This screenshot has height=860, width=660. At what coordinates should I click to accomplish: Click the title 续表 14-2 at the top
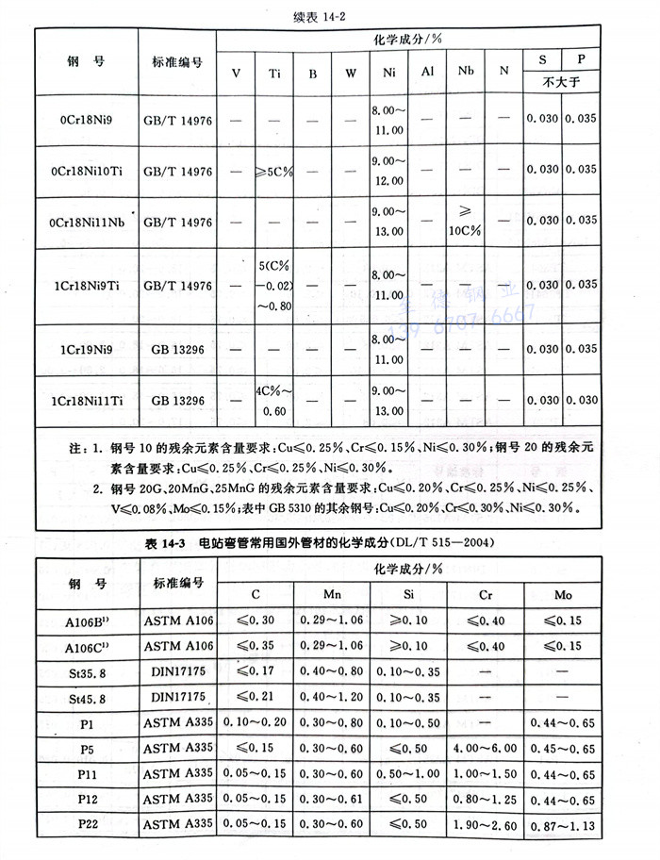pyautogui.click(x=330, y=14)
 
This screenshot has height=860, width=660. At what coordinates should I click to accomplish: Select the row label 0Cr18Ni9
pyautogui.click(x=86, y=120)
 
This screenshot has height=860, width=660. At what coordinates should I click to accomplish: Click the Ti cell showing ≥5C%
pyautogui.click(x=274, y=171)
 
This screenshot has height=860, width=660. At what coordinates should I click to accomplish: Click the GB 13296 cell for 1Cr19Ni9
pyautogui.click(x=177, y=348)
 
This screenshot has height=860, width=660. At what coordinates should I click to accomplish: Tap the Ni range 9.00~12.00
pyautogui.click(x=388, y=170)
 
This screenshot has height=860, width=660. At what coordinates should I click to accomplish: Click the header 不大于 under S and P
pyautogui.click(x=564, y=82)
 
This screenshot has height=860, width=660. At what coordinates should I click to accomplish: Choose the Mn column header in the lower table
pyautogui.click(x=332, y=595)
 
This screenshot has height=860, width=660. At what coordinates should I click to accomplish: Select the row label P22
pyautogui.click(x=86, y=826)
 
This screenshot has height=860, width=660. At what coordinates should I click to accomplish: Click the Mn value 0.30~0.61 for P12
pyautogui.click(x=332, y=800)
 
